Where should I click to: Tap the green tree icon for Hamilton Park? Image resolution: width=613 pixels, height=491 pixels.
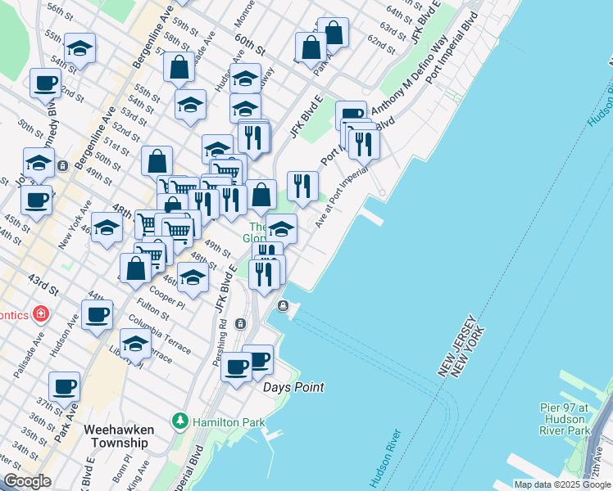pyautogui.click(x=179, y=422)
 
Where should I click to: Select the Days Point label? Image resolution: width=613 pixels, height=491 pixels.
pyautogui.click(x=293, y=387)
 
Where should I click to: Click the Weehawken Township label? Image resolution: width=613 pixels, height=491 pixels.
pyautogui.click(x=116, y=435)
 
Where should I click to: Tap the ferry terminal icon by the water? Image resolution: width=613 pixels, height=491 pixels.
pyautogui.click(x=283, y=306)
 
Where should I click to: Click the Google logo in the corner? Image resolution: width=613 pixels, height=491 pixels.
pyautogui.click(x=27, y=481)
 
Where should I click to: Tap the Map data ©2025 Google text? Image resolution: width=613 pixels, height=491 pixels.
pyautogui.click(x=562, y=484)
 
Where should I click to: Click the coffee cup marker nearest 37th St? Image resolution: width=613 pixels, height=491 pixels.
pyautogui.click(x=64, y=387)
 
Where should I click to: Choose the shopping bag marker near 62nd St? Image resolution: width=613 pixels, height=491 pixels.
pyautogui.click(x=334, y=33)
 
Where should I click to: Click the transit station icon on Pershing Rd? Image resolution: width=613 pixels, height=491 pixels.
pyautogui.click(x=240, y=323)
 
